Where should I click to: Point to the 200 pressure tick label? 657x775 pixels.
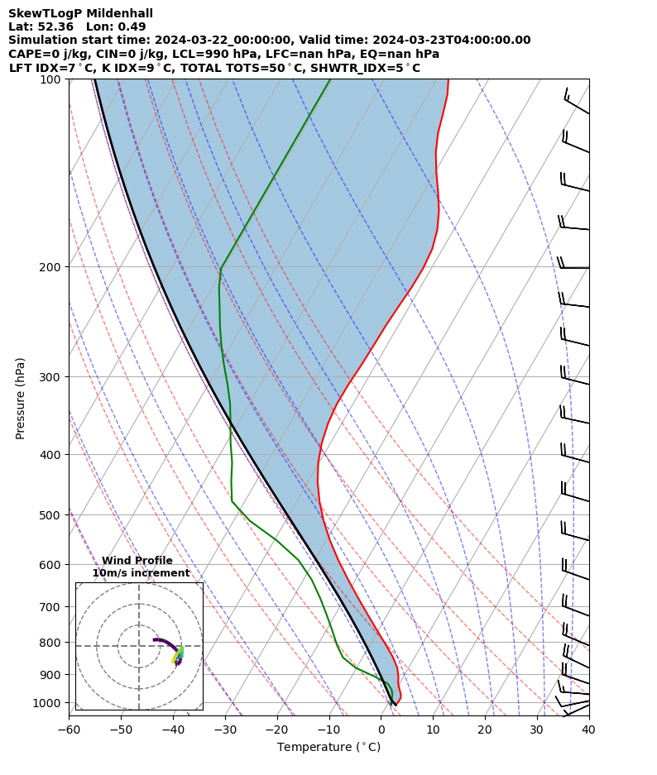pos(52,267)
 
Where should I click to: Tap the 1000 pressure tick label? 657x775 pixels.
pos(49,703)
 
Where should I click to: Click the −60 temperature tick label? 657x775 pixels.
pos(69,730)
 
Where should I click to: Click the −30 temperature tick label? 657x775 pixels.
pos(224,730)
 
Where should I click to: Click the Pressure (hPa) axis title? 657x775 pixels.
pos(20,398)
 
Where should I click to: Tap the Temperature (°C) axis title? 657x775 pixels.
pos(328,748)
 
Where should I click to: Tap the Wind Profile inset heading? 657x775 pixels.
pos(137,561)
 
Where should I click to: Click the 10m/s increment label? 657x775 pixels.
pos(141,573)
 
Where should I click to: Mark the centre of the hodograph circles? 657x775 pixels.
pos(139,646)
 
